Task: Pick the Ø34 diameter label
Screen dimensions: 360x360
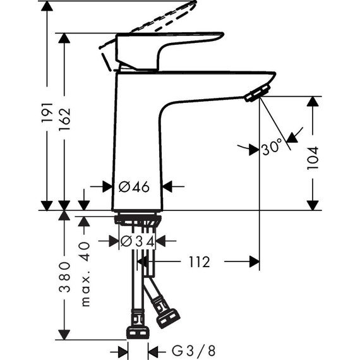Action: coord(137,241)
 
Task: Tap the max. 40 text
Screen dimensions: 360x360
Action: coord(87,275)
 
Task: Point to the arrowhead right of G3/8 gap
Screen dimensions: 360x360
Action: coord(152,349)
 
